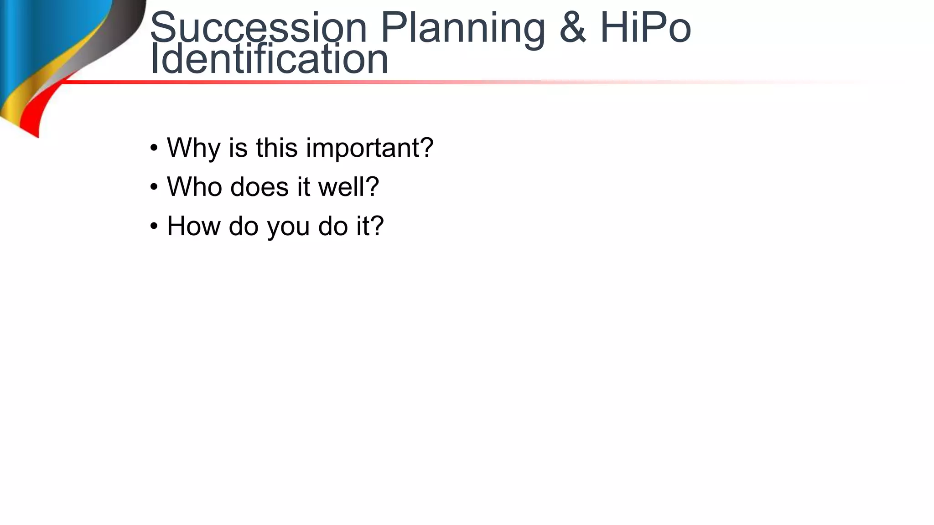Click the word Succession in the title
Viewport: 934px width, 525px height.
click(x=258, y=28)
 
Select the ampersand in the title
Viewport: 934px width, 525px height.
click(x=572, y=28)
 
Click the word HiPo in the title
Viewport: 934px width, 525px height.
click(x=645, y=28)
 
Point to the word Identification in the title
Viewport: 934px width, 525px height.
click(x=269, y=59)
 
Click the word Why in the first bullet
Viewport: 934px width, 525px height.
click(x=193, y=148)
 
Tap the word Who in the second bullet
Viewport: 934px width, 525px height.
click(x=193, y=187)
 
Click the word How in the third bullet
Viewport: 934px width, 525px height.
click(x=193, y=226)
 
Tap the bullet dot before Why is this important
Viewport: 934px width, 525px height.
click(x=154, y=148)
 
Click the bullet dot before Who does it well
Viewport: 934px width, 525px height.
click(x=154, y=187)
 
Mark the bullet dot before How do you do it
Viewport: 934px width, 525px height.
click(x=154, y=226)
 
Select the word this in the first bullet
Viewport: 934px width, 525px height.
click(x=276, y=148)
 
